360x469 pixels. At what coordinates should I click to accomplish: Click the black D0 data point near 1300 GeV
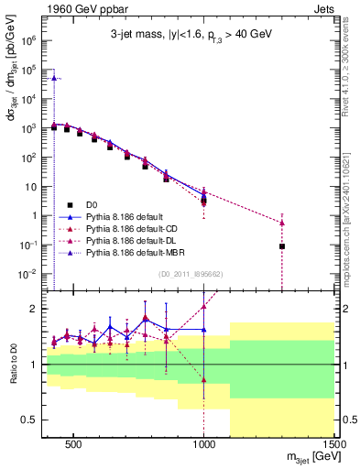click(282, 246)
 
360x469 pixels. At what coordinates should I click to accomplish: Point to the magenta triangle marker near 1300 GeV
click(282, 223)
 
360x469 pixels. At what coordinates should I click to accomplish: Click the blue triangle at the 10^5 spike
click(55, 79)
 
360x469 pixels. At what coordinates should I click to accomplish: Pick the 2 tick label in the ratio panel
click(35, 309)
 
